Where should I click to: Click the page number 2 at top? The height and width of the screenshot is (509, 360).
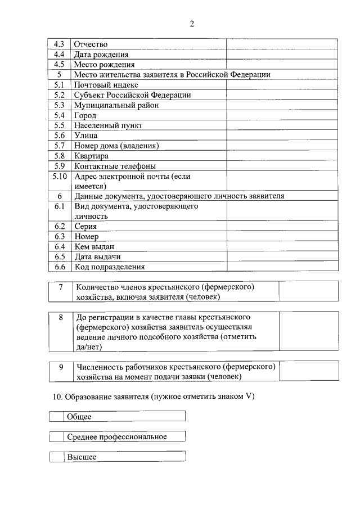pos(192,24)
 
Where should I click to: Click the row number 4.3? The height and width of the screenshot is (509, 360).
pos(59,44)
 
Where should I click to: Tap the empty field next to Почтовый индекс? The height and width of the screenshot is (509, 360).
pos(282,85)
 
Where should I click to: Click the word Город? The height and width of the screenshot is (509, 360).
pos(85,115)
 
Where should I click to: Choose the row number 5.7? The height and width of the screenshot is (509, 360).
pos(59,146)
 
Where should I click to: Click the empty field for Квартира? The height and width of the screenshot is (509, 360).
pos(282,156)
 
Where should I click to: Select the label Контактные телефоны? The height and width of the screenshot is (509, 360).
pos(115,166)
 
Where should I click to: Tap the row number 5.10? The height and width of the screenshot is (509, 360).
pos(59,176)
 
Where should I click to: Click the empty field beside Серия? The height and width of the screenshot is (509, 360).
pos(282,226)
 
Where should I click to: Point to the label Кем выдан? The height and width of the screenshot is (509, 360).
pos(94,246)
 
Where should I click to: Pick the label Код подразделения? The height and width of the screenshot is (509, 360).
pos(110,267)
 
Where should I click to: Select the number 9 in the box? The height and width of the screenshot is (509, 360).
pos(61,367)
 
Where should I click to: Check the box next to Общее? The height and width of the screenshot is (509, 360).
pos(56,417)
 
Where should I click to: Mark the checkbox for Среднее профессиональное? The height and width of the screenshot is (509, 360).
pos(56,437)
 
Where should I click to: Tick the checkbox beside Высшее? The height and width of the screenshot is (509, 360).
pos(56,457)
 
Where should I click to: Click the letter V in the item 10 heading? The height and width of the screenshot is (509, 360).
pos(248,397)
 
